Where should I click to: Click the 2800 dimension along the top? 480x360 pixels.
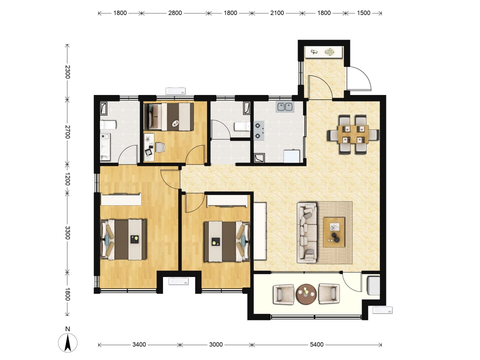(x=175, y=13)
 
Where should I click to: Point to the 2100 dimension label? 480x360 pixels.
(x=277, y=13)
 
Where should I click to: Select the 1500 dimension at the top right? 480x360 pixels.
(x=364, y=13)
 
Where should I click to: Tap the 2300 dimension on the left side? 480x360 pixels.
(x=68, y=72)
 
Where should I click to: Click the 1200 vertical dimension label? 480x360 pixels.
(x=68, y=179)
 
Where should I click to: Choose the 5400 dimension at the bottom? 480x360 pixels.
(x=317, y=345)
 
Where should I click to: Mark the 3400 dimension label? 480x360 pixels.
(x=139, y=345)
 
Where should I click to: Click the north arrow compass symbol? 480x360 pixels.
(x=68, y=343)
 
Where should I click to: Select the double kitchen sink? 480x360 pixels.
(x=285, y=107)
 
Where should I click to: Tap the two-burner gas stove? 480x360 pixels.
(x=259, y=131)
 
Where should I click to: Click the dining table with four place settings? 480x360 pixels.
(x=353, y=134)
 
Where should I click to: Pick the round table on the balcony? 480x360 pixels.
(x=306, y=294)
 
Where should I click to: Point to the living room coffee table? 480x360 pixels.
(x=334, y=232)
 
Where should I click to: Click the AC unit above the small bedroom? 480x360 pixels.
(x=176, y=91)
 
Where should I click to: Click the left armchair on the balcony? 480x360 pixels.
(x=284, y=294)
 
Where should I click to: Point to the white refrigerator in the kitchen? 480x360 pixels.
(x=292, y=156)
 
